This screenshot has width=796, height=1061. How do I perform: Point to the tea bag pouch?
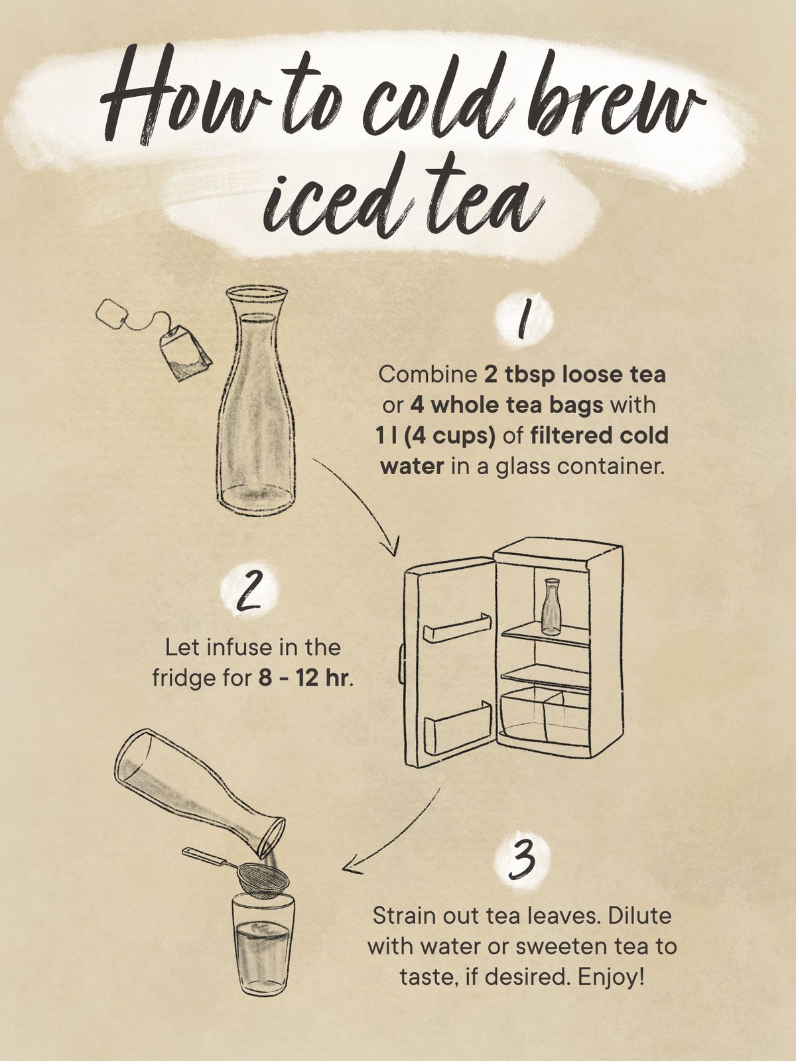click(x=184, y=352)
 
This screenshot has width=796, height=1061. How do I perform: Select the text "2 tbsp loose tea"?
click(x=574, y=375)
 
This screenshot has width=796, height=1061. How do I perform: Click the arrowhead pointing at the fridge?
click(x=392, y=548)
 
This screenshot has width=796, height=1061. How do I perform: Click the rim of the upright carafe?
click(x=257, y=292)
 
